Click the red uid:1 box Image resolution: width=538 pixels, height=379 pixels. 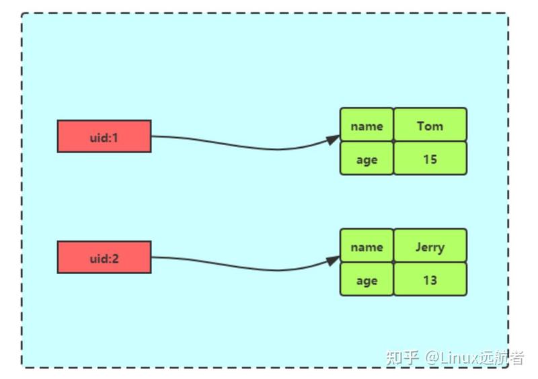[104, 136]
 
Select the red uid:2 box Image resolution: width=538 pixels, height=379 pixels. [104, 257]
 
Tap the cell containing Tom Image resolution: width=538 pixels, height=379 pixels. [430, 124]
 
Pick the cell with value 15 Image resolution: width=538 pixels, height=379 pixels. [430, 158]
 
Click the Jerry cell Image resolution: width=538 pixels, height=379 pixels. [430, 245]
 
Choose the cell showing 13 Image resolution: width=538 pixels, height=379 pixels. [430, 279]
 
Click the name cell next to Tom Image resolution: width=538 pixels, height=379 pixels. [367, 124]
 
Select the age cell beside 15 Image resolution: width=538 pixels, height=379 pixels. [367, 158]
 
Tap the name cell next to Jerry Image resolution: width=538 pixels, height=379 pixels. [367, 245]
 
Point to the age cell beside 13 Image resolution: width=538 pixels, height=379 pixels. [367, 279]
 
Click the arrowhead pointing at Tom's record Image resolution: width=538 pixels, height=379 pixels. [333, 139]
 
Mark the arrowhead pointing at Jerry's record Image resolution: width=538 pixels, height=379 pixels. [333, 260]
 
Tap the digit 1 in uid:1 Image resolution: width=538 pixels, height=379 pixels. [114, 138]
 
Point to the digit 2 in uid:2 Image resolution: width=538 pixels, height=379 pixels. [115, 259]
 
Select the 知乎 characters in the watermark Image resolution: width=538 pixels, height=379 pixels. [403, 357]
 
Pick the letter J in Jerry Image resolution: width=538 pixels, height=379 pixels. [418, 246]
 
